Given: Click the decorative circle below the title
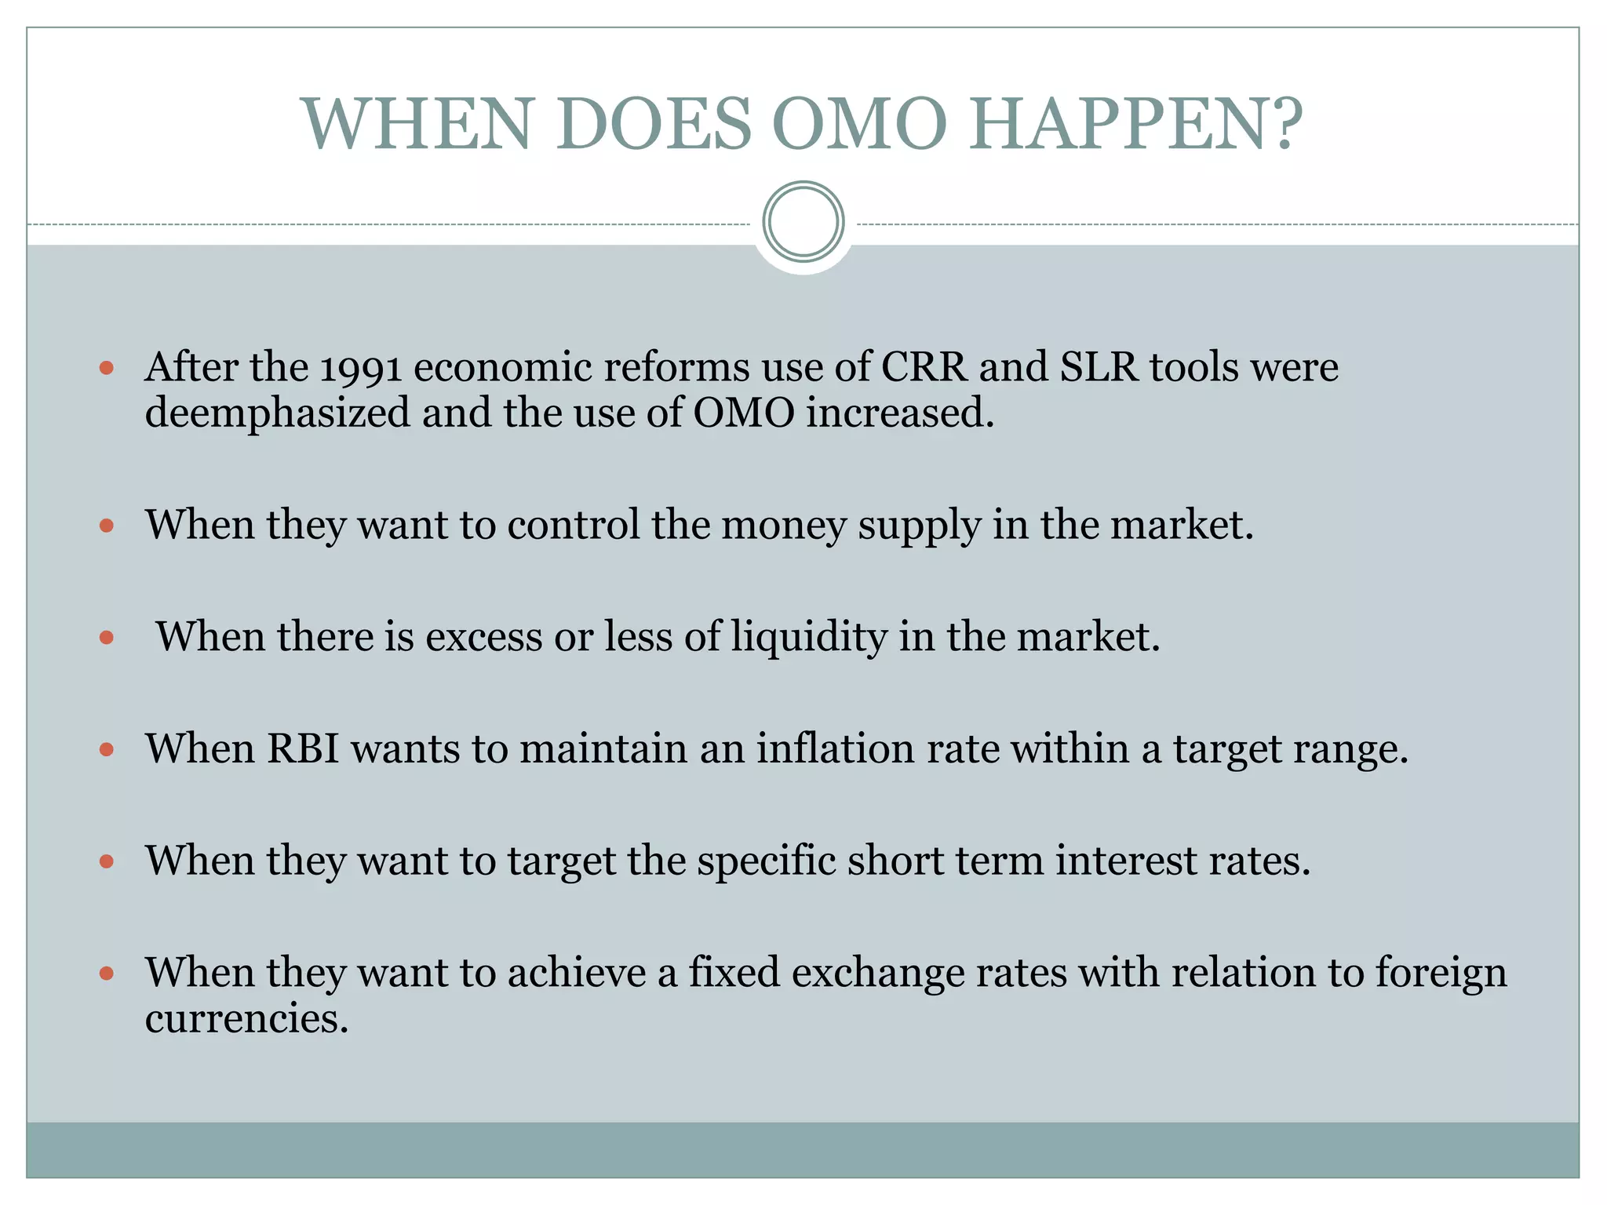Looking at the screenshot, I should [x=803, y=222].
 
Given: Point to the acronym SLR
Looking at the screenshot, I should [x=1099, y=367].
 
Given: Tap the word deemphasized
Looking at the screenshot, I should [x=277, y=413].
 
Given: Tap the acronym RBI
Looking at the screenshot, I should [x=303, y=748].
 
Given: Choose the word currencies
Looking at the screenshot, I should [x=246, y=1018].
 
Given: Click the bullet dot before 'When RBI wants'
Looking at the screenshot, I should [x=107, y=750].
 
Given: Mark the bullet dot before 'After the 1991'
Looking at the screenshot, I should [x=107, y=367].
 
